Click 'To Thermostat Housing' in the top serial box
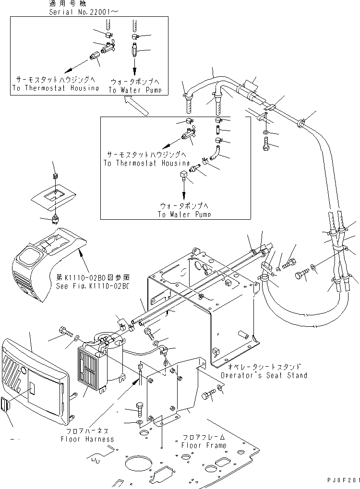point(56,88)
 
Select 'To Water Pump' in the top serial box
point(134,90)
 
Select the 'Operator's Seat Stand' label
point(264,375)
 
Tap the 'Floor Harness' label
point(87,439)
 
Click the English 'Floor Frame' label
point(204,445)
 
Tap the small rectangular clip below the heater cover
point(6,405)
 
